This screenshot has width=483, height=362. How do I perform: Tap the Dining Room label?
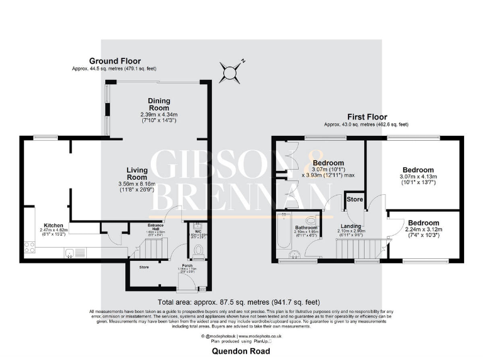pos(159,104)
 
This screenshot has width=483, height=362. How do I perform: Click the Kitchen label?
pos(53,225)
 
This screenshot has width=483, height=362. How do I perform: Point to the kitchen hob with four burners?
pos(30,246)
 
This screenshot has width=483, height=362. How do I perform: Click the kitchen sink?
pos(71,253)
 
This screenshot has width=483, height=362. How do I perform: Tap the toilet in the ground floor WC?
pos(199,251)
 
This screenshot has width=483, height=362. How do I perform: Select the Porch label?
pos(187,265)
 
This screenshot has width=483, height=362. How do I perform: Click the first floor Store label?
pos(355,199)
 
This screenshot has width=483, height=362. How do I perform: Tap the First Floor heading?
pos(367,117)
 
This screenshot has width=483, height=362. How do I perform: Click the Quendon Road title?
pos(241,351)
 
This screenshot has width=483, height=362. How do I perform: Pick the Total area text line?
pos(241,302)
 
